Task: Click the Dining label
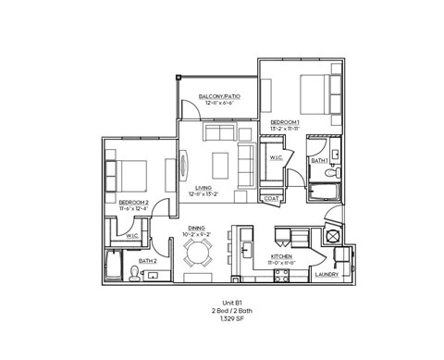196,228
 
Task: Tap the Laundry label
327,275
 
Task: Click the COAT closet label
272,198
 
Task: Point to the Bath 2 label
148,262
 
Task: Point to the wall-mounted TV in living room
182,166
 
